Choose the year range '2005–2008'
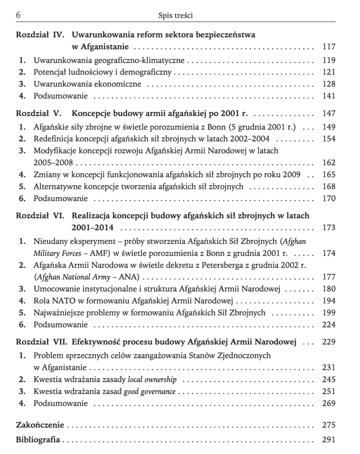[53, 163]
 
